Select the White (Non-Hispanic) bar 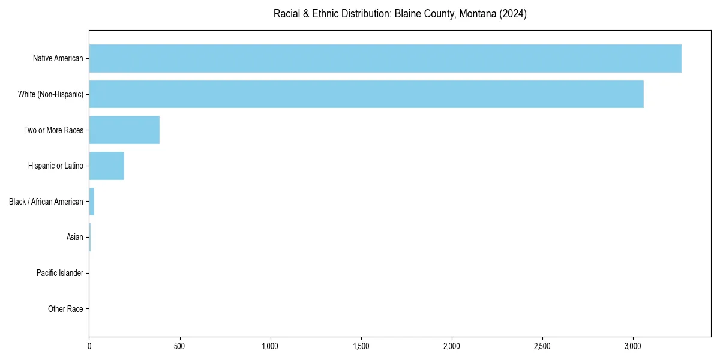[x=366, y=94]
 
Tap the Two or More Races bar [x=124, y=130]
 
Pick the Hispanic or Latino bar [x=107, y=166]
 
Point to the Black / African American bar [x=92, y=202]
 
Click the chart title [x=400, y=14]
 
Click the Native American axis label [x=58, y=58]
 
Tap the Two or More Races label [x=53, y=130]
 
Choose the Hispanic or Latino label [x=56, y=166]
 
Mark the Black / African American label [x=46, y=202]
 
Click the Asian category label [x=75, y=238]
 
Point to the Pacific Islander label [x=60, y=274]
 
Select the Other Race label [x=65, y=310]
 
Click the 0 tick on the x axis [x=89, y=347]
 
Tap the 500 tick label [x=179, y=347]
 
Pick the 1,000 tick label [x=270, y=347]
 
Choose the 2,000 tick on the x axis [x=451, y=347]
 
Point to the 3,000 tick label [x=632, y=347]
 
